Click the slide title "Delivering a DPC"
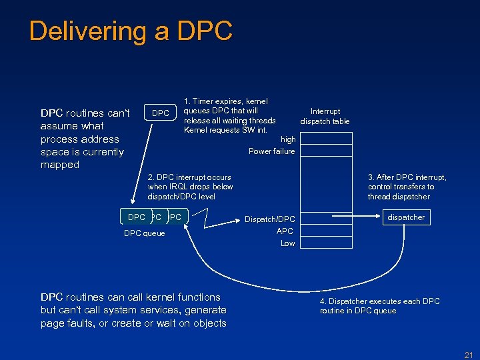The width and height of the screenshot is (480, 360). point(131,31)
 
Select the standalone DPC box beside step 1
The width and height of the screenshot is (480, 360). point(161,113)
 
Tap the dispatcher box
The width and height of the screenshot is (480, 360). point(406,217)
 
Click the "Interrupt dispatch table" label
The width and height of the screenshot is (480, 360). point(325,116)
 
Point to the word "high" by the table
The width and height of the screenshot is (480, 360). point(288,139)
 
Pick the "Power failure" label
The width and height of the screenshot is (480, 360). point(271,151)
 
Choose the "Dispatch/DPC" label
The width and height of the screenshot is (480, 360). point(269,219)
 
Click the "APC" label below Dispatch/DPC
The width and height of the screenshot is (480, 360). point(285,231)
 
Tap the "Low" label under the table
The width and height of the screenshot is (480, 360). point(287,243)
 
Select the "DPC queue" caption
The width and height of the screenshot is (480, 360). point(145,233)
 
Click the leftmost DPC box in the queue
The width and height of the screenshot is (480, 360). point(136,217)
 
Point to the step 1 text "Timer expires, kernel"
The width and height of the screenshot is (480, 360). point(225,101)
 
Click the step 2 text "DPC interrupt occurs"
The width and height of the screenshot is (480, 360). point(189,177)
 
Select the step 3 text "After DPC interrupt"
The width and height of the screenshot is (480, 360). point(407,177)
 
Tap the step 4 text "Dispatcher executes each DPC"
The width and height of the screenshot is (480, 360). point(379,301)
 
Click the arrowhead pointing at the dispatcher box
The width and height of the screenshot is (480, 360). point(380,217)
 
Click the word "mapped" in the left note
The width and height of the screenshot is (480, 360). point(60,165)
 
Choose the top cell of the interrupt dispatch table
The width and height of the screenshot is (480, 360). point(326,139)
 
